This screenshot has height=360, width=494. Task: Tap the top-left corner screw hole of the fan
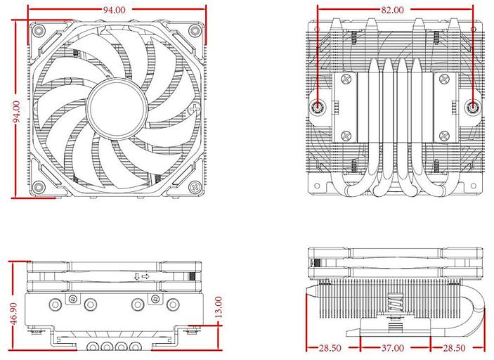(x=38, y=31)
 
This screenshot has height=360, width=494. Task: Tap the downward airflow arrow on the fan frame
(x=136, y=276)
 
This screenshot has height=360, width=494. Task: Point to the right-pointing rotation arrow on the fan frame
(x=145, y=276)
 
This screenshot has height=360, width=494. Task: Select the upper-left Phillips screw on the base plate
(x=346, y=82)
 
